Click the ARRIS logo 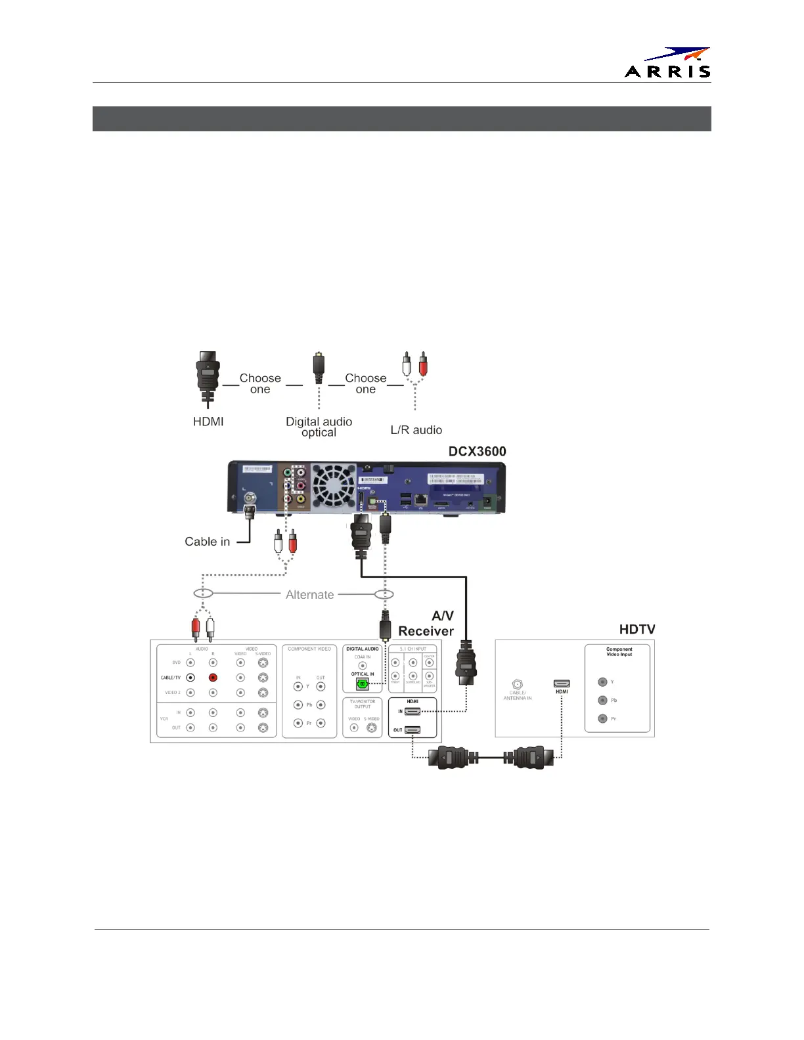click(667, 63)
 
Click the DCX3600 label click(477, 452)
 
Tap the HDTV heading click(636, 630)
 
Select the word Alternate click(309, 595)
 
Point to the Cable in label click(207, 542)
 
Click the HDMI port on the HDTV click(562, 683)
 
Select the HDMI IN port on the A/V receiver click(413, 711)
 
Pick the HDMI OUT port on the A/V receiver click(413, 729)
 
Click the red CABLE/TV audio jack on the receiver click(213, 678)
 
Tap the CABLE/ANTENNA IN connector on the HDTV click(517, 684)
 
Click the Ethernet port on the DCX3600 click(421, 500)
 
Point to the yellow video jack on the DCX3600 click(301, 500)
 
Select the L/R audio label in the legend click(416, 430)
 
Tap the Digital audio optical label click(319, 427)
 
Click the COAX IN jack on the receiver click(362, 665)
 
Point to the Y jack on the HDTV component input click(602, 682)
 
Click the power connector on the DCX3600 click(488, 502)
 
